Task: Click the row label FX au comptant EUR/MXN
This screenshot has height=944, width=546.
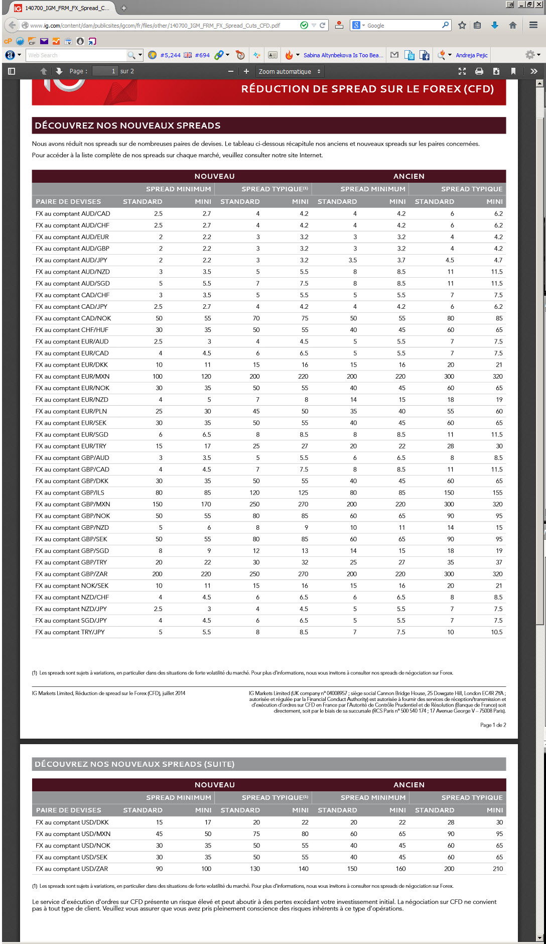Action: tap(72, 377)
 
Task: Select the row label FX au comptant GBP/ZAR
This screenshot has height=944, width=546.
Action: tap(71, 574)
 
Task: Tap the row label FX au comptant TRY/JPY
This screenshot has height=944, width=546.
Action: tap(70, 632)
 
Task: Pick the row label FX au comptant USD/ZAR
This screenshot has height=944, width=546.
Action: tap(72, 869)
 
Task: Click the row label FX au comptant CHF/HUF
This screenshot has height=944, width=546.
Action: tap(72, 330)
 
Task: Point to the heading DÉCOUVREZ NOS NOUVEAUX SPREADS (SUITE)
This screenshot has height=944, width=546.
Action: tap(134, 764)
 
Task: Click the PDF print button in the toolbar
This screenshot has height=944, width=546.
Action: tap(479, 71)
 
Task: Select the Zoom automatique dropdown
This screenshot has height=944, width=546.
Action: tap(289, 71)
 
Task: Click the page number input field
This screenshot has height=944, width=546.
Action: tap(105, 71)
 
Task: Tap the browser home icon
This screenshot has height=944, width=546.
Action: tap(512, 25)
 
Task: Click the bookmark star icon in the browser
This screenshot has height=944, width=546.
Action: tap(462, 25)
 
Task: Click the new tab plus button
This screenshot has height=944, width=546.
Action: tap(124, 8)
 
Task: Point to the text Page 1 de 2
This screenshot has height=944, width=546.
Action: tap(493, 725)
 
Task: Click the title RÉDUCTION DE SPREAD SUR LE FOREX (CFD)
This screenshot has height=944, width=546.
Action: tap(367, 89)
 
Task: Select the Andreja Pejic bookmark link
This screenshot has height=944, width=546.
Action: tap(471, 55)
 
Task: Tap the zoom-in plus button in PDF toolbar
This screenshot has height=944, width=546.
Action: tap(246, 71)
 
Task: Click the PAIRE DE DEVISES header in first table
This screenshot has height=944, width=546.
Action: tap(68, 201)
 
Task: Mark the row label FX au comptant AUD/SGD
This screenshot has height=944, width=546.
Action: tap(72, 283)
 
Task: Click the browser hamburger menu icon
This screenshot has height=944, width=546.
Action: tap(533, 25)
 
